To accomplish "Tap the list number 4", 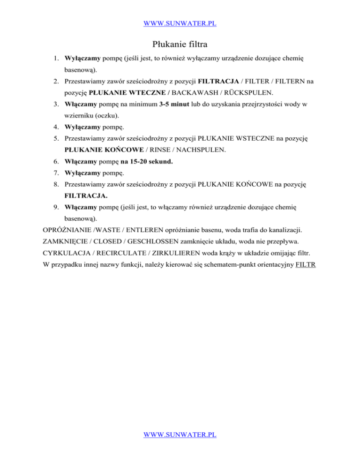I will (x=55, y=139).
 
